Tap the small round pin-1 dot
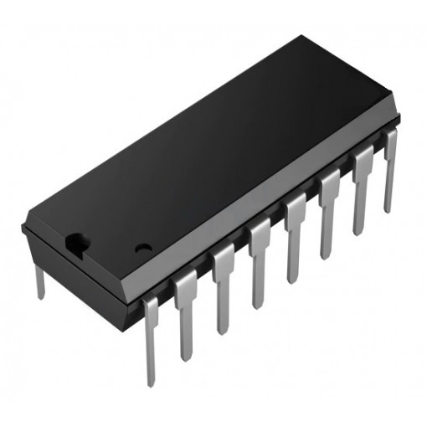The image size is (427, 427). click(143, 249)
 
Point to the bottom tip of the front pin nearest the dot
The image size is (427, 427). click(151, 381)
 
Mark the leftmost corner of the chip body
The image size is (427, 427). click(23, 227)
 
